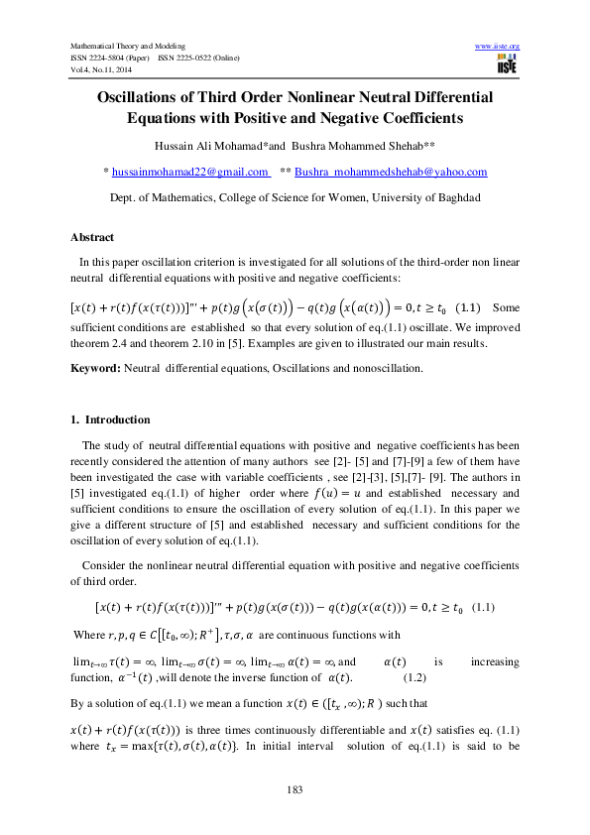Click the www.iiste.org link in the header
[x=498, y=47]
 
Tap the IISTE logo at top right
[x=507, y=65]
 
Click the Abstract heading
[x=92, y=238]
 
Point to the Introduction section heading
[x=118, y=419]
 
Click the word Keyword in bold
[x=95, y=368]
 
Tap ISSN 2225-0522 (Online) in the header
[x=201, y=58]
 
